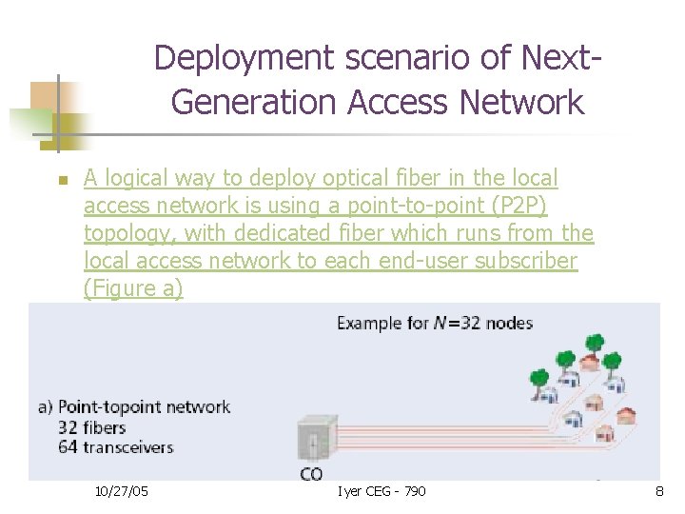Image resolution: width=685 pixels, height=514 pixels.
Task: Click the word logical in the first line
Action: coord(139,178)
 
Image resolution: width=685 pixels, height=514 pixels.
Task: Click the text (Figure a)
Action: coord(132,288)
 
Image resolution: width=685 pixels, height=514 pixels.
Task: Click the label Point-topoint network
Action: coord(145,406)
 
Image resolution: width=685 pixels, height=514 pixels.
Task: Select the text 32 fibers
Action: coord(92,427)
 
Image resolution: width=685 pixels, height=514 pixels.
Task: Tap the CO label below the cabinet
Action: coord(311,473)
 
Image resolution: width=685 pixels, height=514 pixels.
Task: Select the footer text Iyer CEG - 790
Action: coord(382,491)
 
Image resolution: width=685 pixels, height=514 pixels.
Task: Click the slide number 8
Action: coord(658,491)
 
